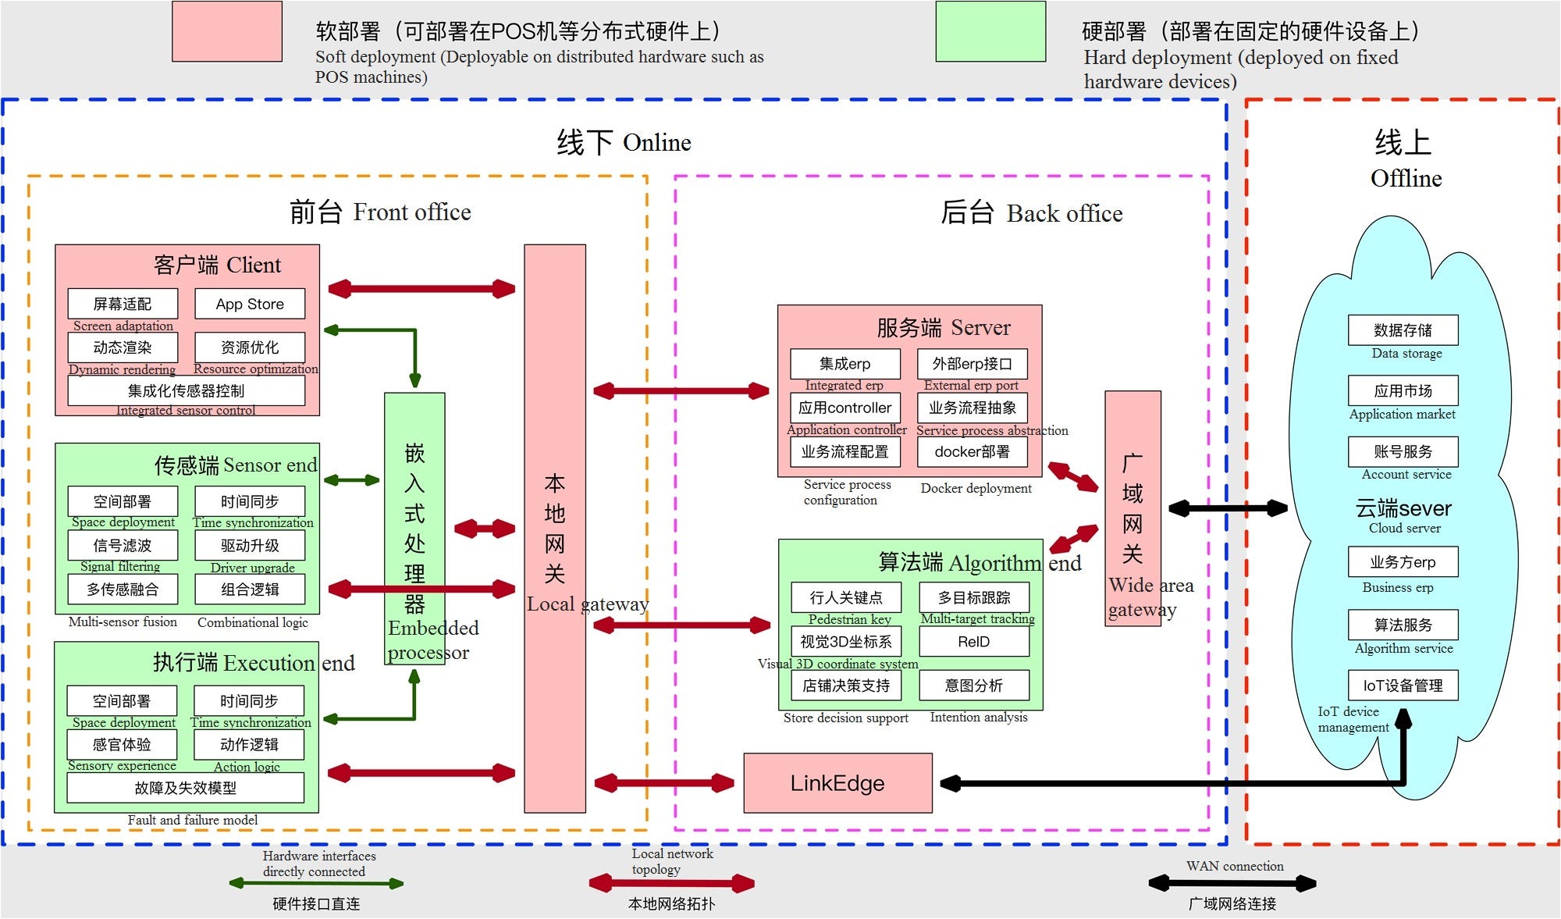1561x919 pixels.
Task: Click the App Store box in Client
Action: [x=250, y=304]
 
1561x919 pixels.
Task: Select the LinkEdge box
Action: [x=837, y=782]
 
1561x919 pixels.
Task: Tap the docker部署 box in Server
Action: [x=972, y=451]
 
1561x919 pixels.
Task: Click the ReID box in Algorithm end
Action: [x=973, y=642]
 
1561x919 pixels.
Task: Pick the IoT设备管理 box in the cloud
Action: [x=1403, y=685]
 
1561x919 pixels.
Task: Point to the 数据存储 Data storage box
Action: [x=1403, y=329]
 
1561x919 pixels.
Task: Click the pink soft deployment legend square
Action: [x=226, y=31]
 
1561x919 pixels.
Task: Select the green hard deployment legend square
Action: [x=990, y=31]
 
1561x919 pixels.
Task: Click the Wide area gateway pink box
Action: [x=1133, y=508]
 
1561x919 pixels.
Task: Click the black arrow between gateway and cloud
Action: [x=1227, y=508]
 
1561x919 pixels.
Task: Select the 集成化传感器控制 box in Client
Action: [x=186, y=390]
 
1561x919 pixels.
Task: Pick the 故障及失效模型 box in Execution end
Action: [x=186, y=788]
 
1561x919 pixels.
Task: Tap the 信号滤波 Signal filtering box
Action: [x=123, y=545]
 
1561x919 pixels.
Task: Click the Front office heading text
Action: [x=380, y=212]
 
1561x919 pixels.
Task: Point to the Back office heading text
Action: [x=1031, y=213]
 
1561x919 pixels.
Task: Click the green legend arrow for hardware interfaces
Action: [x=316, y=884]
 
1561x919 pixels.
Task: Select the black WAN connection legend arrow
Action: [x=1232, y=883]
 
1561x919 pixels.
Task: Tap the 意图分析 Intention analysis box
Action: [x=973, y=686]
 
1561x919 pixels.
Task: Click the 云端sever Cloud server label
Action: [x=1403, y=509]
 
